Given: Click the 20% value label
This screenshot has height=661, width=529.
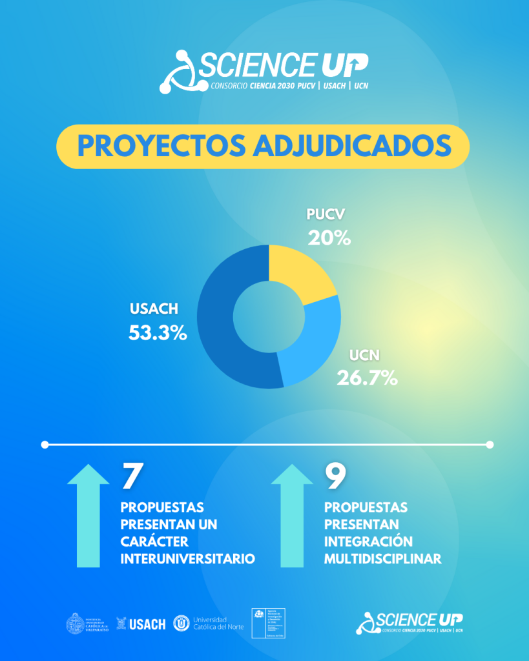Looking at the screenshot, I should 329,238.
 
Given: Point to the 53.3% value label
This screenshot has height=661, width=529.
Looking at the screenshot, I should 158,332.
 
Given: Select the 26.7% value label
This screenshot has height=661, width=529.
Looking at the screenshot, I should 367,378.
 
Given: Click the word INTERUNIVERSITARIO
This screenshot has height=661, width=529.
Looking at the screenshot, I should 187,558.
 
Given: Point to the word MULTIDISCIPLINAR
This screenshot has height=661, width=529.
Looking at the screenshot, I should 383,558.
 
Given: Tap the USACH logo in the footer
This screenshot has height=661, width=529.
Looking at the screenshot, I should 141,624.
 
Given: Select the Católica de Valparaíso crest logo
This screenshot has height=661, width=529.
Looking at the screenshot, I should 85,624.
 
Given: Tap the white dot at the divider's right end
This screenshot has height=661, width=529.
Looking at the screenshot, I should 490,444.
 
